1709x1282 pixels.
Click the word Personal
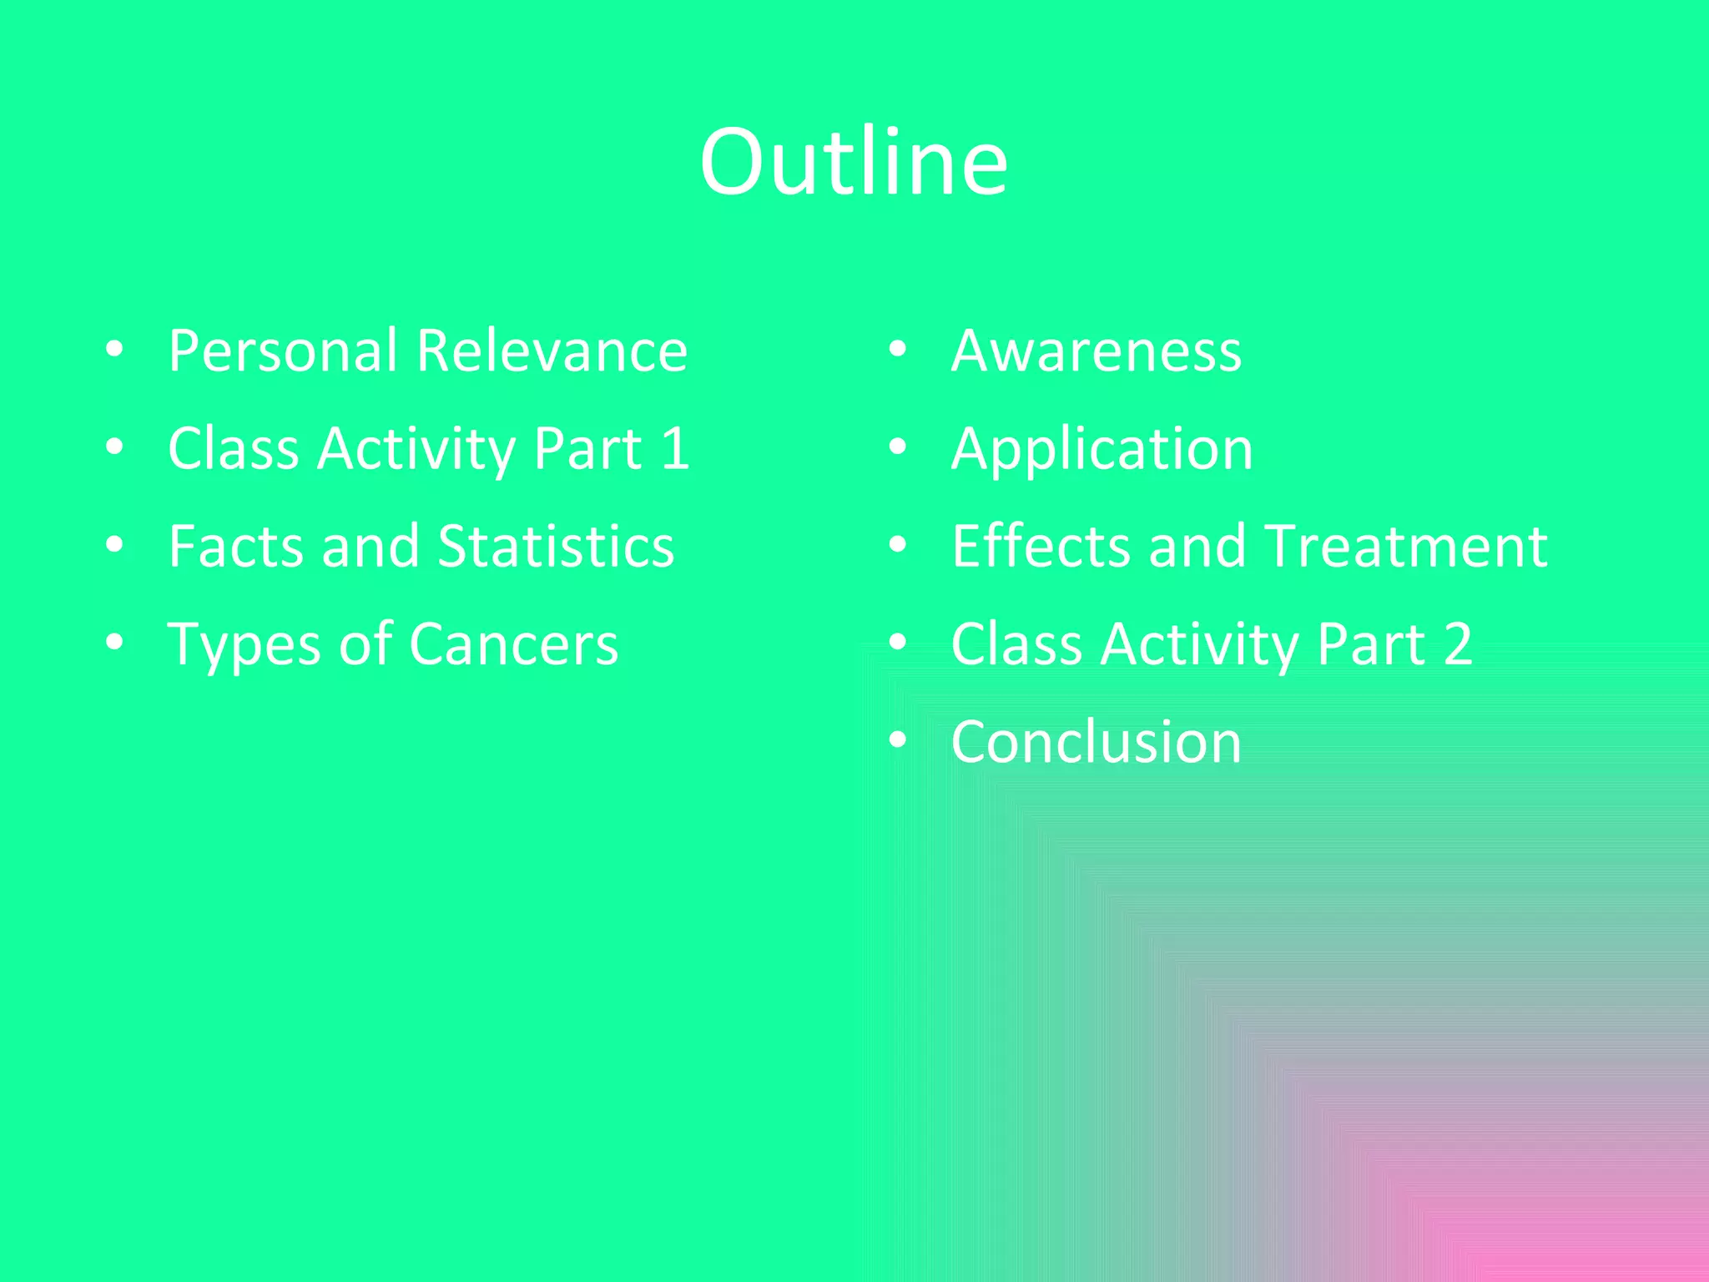pyautogui.click(x=282, y=351)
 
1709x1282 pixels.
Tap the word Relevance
pyautogui.click(x=552, y=351)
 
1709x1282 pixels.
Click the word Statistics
pyautogui.click(x=556, y=547)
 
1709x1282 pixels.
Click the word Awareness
pyautogui.click(x=1096, y=351)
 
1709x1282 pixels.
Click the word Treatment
pyautogui.click(x=1407, y=547)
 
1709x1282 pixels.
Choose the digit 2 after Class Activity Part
pyautogui.click(x=1457, y=644)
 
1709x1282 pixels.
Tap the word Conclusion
pyautogui.click(x=1096, y=742)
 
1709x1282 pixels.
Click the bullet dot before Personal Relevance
pyautogui.click(x=115, y=350)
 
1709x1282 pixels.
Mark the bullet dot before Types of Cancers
pyautogui.click(x=115, y=643)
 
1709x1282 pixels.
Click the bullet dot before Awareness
pyautogui.click(x=898, y=350)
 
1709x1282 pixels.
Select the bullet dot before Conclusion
pyautogui.click(x=898, y=740)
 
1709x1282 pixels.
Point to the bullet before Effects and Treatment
pyautogui.click(x=898, y=545)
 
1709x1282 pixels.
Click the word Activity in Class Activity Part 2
pyautogui.click(x=1199, y=645)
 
